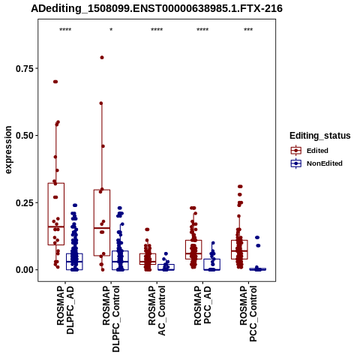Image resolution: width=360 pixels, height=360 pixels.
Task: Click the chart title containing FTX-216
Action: coord(157,8)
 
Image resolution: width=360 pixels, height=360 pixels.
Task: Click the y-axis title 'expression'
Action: coord(8,150)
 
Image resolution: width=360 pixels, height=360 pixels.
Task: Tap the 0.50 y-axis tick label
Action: coord(25,136)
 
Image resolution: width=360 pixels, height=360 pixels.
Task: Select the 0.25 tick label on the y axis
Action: coord(25,202)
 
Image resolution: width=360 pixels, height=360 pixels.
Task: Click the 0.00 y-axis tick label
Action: coord(25,270)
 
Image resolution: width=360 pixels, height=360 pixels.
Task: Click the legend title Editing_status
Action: coord(320,136)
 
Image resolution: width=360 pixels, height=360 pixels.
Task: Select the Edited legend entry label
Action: coord(317,151)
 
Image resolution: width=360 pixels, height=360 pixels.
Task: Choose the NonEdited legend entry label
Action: coord(325,163)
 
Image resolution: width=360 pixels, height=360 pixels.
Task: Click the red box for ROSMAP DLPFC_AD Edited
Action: coord(56,214)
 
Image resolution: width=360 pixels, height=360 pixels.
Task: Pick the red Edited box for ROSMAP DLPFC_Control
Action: coord(102,223)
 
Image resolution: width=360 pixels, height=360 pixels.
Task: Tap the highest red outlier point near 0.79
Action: coord(102,58)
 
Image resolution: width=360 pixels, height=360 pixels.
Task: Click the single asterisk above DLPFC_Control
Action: coord(111,29)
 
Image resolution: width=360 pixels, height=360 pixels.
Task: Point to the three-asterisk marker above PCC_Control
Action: coord(248,29)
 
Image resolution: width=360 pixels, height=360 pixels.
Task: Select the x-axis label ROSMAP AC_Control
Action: coord(157,310)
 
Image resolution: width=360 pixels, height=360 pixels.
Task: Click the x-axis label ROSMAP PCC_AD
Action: coord(202,305)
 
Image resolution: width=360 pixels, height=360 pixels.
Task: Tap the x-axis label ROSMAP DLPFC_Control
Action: coord(111,319)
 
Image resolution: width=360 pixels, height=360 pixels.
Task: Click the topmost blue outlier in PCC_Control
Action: coord(257,238)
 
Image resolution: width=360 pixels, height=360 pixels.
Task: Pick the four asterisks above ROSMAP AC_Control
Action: coord(157,29)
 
